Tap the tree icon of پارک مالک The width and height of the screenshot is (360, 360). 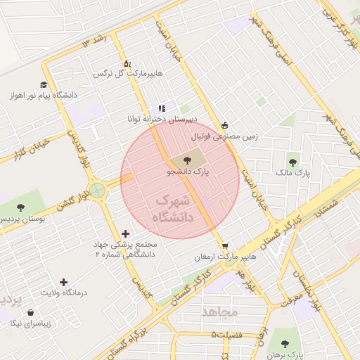coord(292,163)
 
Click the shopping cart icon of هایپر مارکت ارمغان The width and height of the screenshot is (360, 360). coord(225,245)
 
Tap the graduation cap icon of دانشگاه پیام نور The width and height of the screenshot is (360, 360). coord(44,84)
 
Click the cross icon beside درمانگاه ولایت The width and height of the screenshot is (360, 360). coord(64,282)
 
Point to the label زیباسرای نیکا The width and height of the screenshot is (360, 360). coord(31,323)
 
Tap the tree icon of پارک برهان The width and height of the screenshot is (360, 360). coord(285,344)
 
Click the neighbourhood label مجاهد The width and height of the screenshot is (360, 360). coord(220,310)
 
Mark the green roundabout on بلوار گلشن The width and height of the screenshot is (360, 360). coord(96,190)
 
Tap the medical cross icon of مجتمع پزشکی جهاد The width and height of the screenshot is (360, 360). coord(125,233)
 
